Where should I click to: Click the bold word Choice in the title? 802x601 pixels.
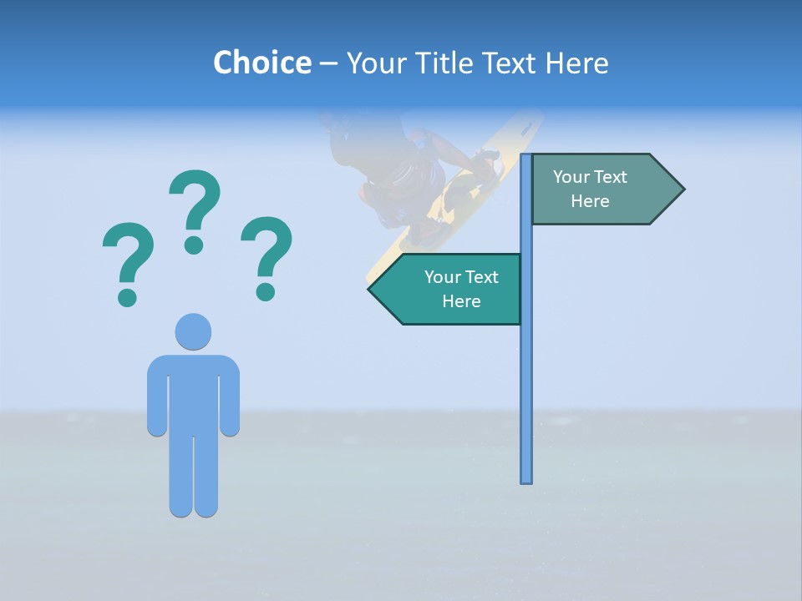[x=261, y=63]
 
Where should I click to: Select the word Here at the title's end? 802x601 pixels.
[x=576, y=63]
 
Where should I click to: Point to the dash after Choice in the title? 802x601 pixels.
[x=329, y=63]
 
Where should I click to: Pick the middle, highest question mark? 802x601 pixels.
[x=195, y=210]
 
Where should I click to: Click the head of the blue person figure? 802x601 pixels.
[x=193, y=331]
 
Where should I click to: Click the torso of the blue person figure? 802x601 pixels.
[x=193, y=392]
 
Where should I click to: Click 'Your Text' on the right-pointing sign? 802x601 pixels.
[x=590, y=177]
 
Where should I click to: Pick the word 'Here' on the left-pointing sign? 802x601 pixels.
[x=461, y=301]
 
